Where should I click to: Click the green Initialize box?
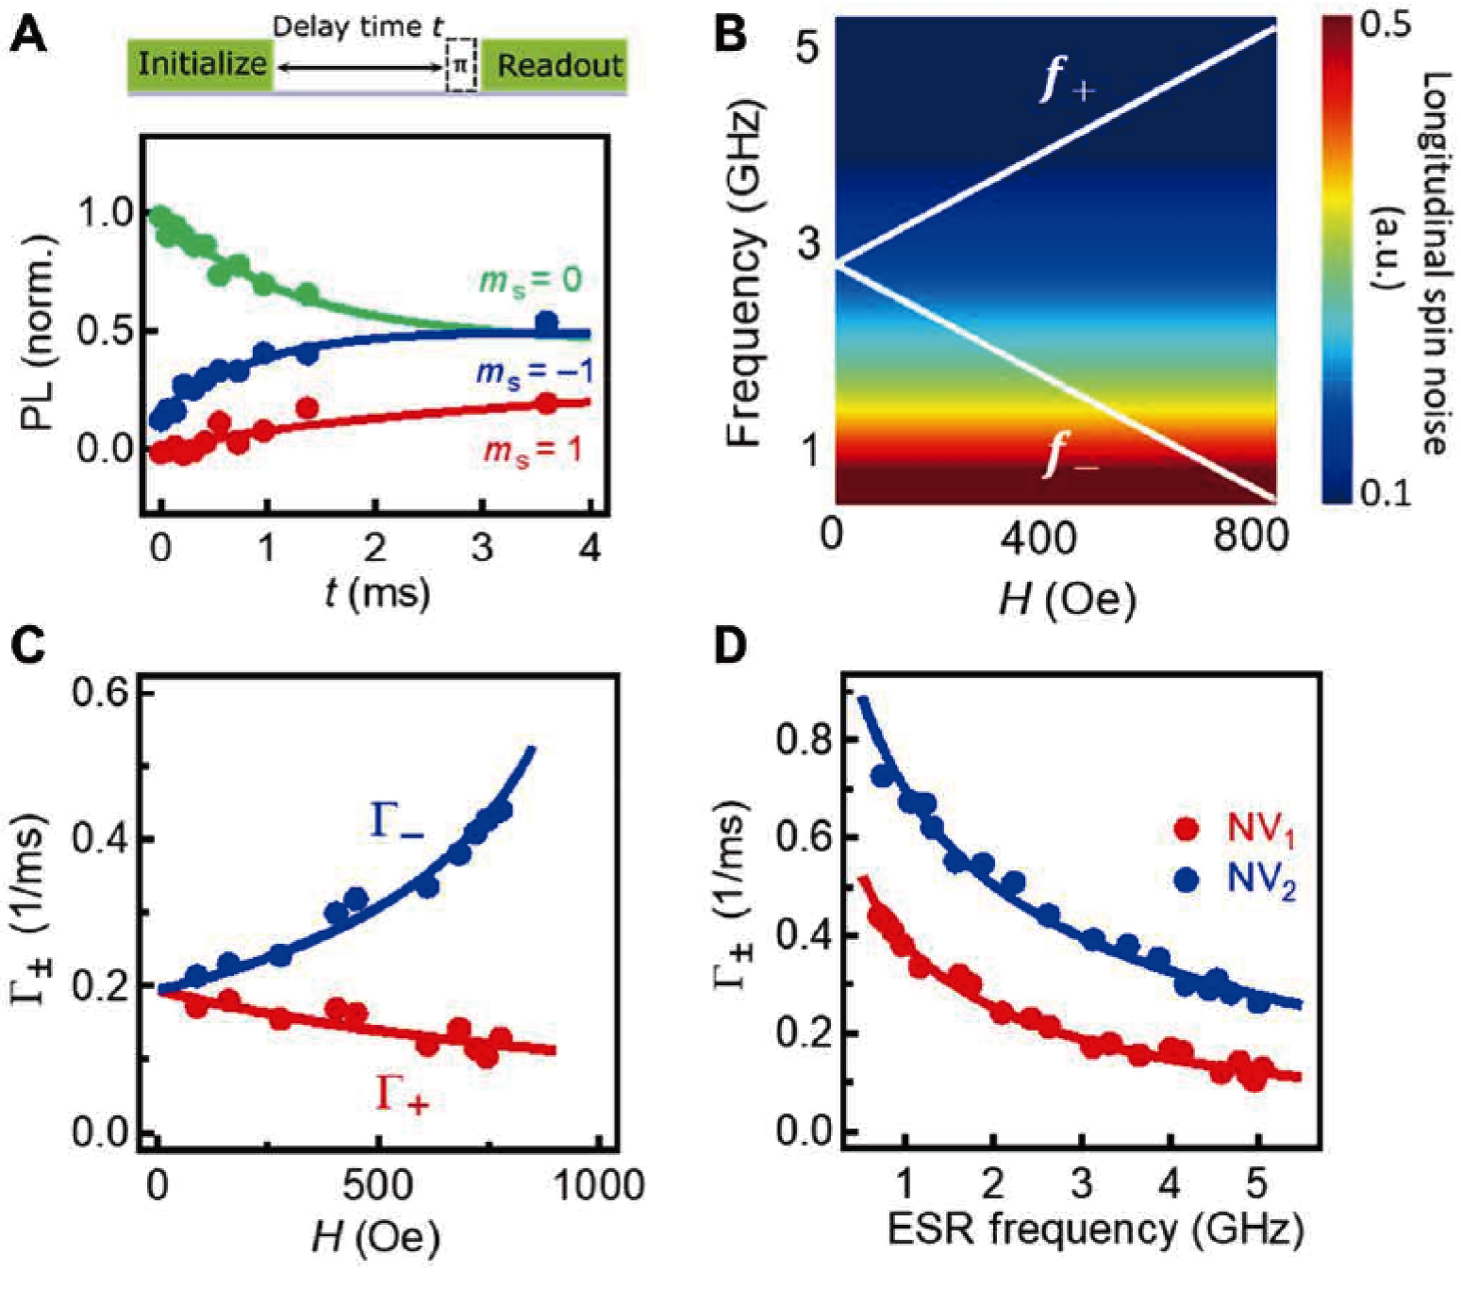[x=201, y=65]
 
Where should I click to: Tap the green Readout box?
[x=557, y=65]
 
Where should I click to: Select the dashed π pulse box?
[x=460, y=65]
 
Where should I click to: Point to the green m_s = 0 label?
[x=530, y=281]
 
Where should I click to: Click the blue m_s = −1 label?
[x=534, y=373]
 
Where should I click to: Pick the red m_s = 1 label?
[x=533, y=451]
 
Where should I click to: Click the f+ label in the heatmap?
[x=1067, y=80]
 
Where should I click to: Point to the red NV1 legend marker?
[x=1187, y=830]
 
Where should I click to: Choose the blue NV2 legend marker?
[x=1187, y=879]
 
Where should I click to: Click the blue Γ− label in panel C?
[x=396, y=820]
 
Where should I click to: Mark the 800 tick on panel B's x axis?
[x=1251, y=536]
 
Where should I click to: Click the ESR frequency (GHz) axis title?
[x=1095, y=1230]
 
